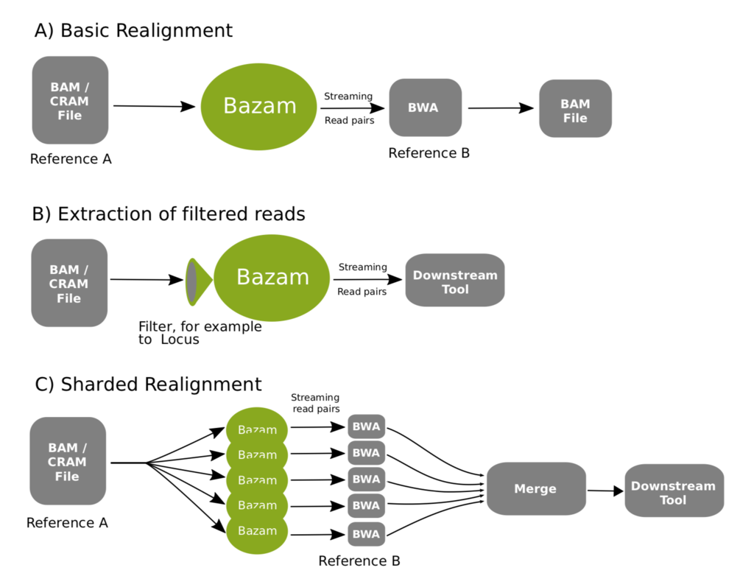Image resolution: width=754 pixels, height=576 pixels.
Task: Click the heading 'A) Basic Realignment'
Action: coord(134,31)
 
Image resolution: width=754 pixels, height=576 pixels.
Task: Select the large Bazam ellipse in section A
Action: coord(258,106)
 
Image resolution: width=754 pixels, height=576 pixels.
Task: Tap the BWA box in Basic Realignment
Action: coord(425,108)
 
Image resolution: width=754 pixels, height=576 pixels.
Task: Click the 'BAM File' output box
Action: coord(575,108)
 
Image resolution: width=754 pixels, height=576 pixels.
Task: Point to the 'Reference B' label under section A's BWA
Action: coord(429,153)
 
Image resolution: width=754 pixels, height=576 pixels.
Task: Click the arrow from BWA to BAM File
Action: coord(501,108)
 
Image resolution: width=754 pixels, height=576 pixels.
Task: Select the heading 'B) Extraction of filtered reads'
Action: coord(169,214)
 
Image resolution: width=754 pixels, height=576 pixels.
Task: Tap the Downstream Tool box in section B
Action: coord(455,280)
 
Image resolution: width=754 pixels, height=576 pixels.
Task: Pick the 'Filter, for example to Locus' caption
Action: coord(200,333)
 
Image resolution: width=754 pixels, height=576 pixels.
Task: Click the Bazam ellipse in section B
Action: coord(272,278)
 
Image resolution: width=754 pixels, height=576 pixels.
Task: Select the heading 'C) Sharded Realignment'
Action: coord(148,384)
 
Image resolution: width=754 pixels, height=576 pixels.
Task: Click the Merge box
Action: coord(536,488)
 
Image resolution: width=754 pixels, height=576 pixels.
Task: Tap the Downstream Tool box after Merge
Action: coord(674,491)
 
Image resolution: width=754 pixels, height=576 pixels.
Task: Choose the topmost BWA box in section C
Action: coord(367,426)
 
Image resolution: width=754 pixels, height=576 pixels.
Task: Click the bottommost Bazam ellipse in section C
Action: coord(257,531)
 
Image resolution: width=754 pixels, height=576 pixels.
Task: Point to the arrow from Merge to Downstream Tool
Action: coord(605,491)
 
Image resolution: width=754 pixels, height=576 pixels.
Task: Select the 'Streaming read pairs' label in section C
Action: coord(315,403)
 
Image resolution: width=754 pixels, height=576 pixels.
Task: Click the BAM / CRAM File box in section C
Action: coord(68,461)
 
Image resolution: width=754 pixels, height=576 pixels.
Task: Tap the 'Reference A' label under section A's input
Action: coord(71,159)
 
